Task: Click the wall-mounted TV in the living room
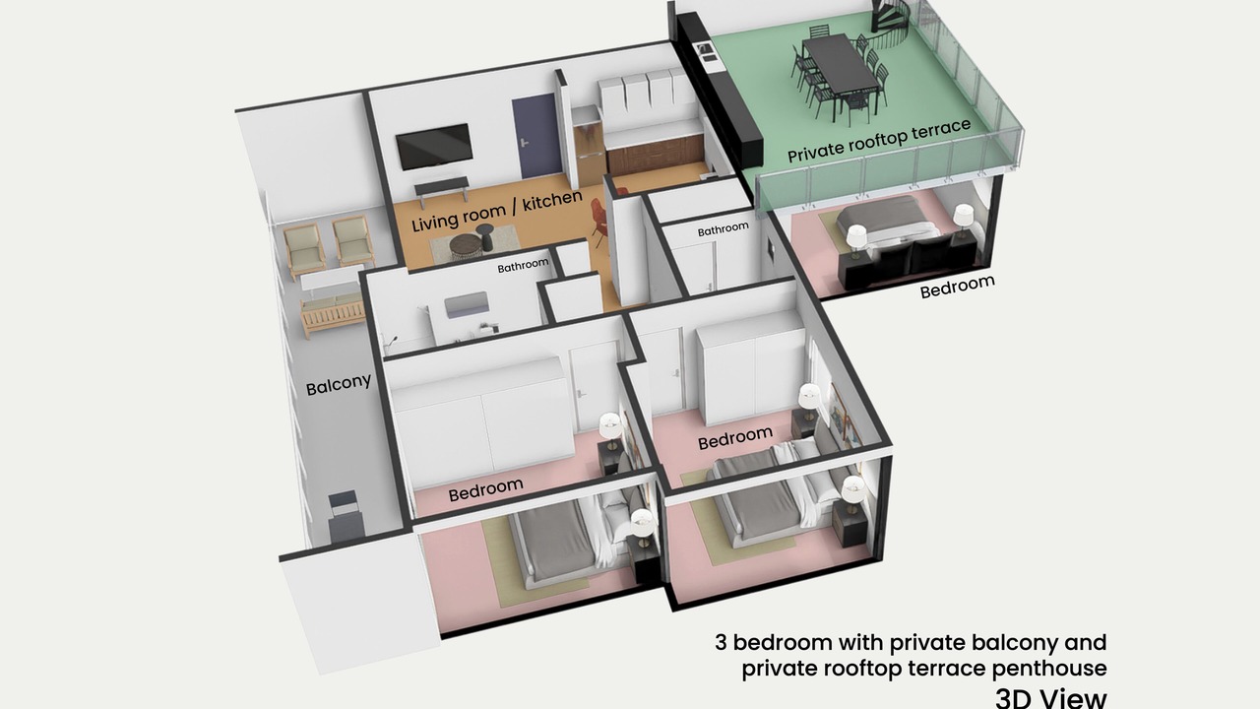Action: (434, 146)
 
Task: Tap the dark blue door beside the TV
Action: (538, 137)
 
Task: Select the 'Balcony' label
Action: (339, 384)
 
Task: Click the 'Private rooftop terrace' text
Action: (879, 141)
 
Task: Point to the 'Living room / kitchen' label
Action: (497, 211)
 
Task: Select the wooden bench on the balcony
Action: (333, 315)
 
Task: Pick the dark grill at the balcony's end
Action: (345, 515)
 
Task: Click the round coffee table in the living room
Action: (466, 247)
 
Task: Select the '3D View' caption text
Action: (1050, 698)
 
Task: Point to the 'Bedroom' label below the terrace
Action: (958, 287)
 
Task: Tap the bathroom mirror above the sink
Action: (467, 304)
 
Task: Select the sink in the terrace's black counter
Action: (706, 52)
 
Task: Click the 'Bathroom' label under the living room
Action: (523, 266)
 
